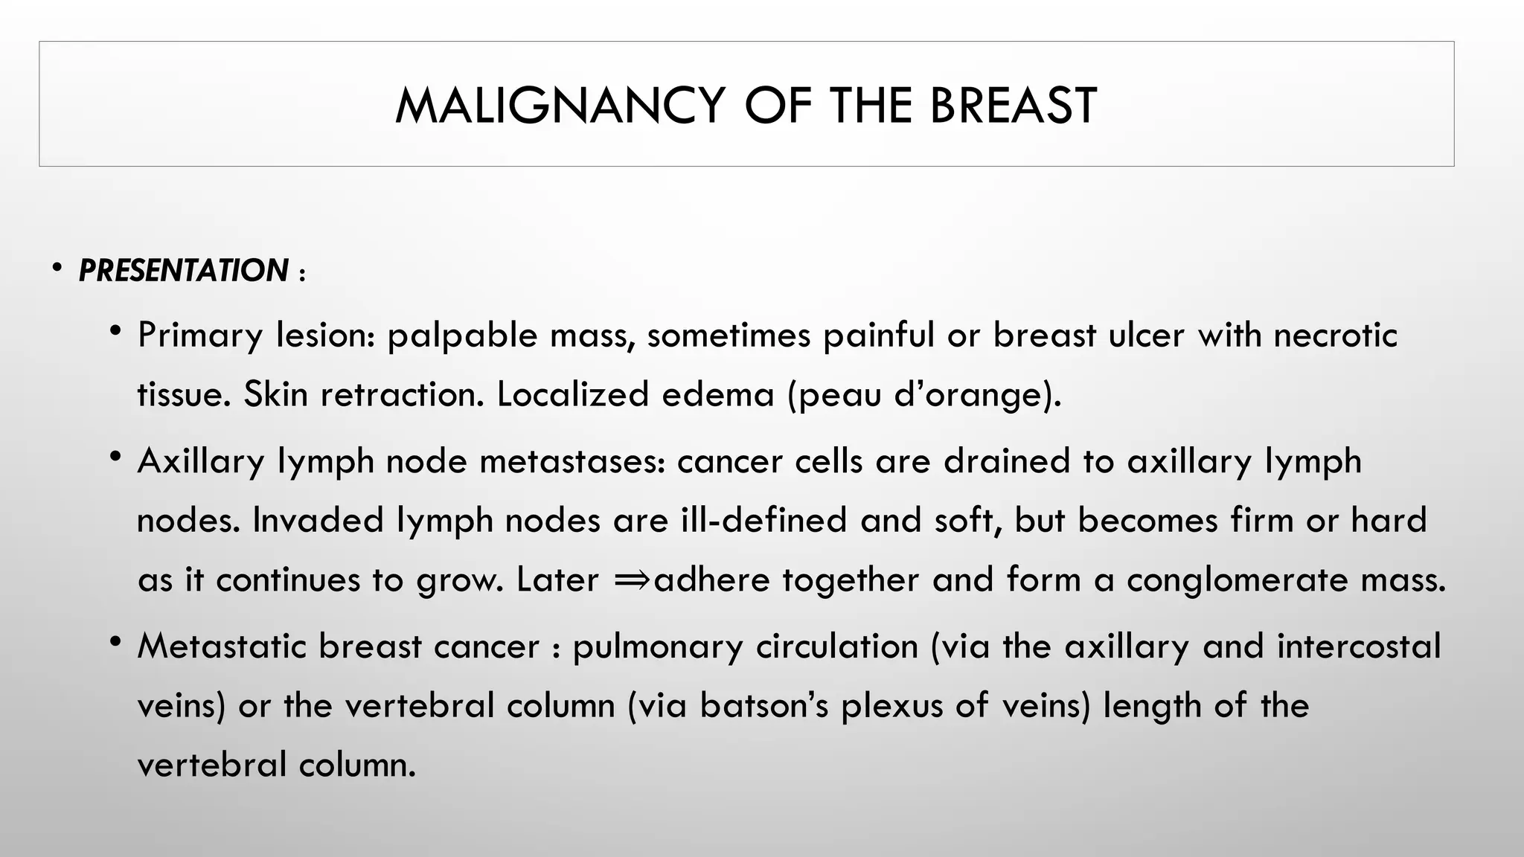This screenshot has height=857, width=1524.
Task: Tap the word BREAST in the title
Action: [x=1013, y=105]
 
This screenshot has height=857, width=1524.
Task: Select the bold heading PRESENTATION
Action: [x=183, y=271]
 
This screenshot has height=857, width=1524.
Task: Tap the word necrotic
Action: [x=1335, y=335]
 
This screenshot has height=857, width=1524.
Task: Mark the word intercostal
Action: [x=1359, y=646]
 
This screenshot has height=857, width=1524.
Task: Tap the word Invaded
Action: [x=318, y=520]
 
